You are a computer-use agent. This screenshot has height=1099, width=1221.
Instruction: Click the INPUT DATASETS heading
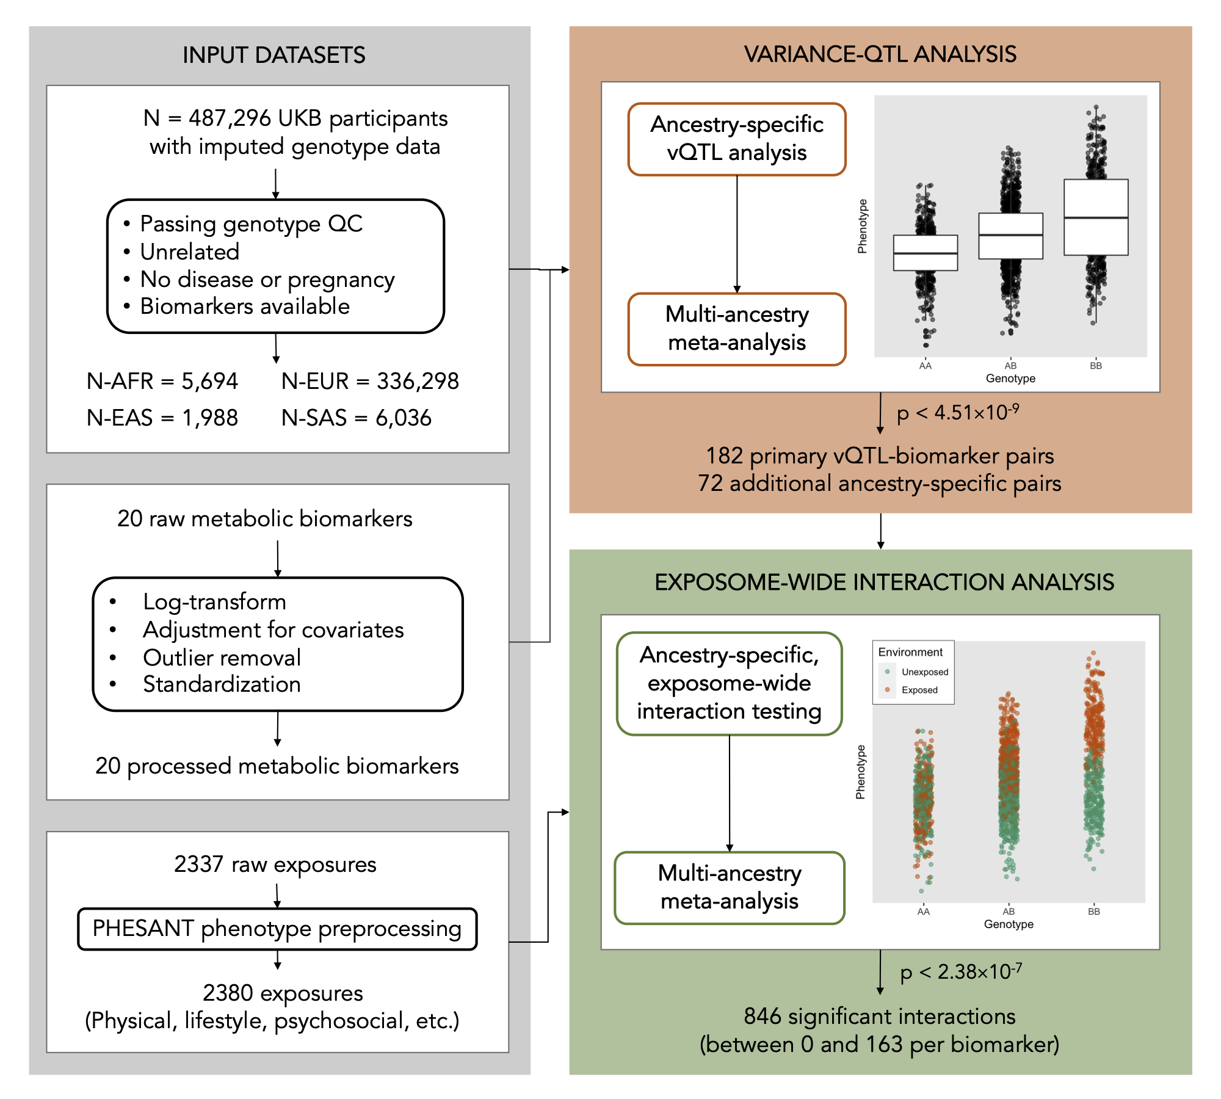click(274, 55)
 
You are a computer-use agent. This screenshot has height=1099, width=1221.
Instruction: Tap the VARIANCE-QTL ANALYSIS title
click(880, 54)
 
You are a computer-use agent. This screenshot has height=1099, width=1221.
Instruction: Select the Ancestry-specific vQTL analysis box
click(737, 139)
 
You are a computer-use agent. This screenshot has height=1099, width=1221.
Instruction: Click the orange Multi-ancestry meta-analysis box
click(737, 329)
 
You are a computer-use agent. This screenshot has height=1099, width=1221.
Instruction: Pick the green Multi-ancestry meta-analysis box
click(730, 888)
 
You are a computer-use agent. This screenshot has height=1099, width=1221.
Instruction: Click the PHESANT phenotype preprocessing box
click(277, 929)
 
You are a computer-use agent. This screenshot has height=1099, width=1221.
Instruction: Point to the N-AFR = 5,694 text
click(162, 381)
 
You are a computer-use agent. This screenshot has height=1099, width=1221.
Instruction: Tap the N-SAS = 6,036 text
click(357, 418)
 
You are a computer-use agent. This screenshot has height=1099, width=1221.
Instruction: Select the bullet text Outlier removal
click(222, 658)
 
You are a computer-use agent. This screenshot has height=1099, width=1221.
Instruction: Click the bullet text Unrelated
click(190, 252)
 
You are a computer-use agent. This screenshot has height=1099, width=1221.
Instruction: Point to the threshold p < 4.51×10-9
click(958, 412)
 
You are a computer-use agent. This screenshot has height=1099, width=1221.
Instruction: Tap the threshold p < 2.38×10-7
click(962, 971)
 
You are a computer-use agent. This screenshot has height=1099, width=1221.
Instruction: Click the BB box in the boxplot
click(1096, 217)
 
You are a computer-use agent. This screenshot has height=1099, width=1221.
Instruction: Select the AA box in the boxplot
click(926, 253)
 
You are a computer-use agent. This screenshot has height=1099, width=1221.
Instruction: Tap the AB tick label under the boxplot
click(1010, 366)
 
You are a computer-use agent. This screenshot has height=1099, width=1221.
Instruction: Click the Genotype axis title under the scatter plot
click(1009, 924)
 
